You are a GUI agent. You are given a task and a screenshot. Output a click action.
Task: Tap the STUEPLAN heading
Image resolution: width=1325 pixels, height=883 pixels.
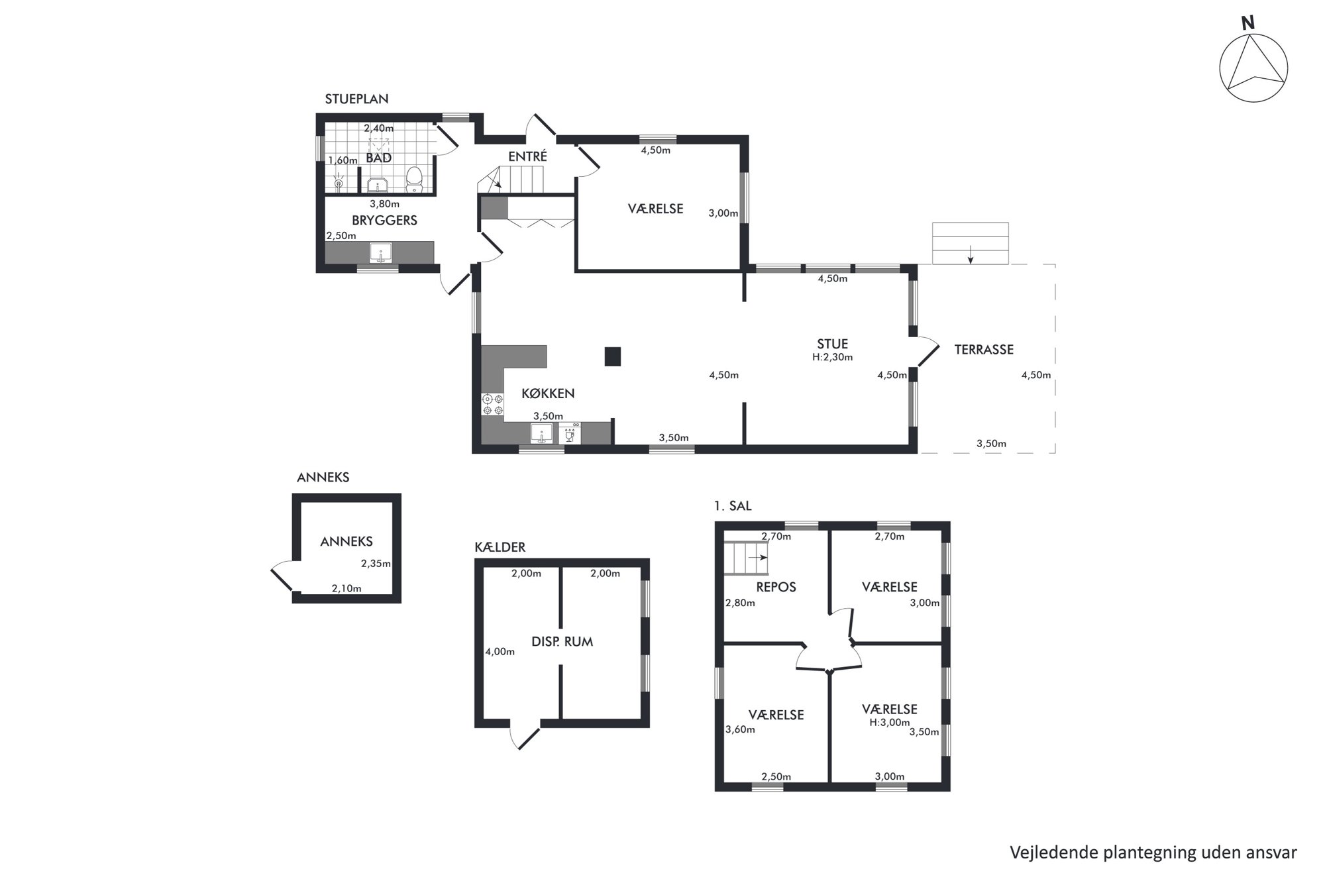(x=356, y=99)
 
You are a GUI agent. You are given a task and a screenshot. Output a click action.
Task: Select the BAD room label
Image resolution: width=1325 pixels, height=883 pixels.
(x=378, y=158)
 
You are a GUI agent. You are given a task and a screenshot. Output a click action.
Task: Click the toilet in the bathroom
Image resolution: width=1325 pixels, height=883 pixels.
(x=415, y=179)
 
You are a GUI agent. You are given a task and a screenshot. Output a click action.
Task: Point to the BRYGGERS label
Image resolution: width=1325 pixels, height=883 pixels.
(x=384, y=221)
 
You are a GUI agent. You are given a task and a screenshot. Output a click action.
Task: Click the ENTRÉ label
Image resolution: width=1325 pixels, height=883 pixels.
(x=527, y=156)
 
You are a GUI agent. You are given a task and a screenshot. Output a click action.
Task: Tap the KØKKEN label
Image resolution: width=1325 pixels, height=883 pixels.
(x=548, y=393)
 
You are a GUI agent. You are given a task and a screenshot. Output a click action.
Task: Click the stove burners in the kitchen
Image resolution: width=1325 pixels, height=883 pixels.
(x=492, y=404)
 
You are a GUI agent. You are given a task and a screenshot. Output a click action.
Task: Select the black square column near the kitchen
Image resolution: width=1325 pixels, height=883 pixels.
(x=613, y=357)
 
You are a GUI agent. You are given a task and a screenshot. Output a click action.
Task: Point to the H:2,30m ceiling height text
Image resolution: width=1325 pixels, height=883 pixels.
(x=832, y=357)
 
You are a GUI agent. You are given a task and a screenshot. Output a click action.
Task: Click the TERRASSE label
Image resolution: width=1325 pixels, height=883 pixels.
(x=984, y=350)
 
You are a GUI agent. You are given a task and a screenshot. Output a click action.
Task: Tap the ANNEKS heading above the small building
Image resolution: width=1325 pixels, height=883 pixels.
(x=323, y=477)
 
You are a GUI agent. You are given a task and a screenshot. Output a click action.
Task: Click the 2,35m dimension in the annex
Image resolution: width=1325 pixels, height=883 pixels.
(x=376, y=564)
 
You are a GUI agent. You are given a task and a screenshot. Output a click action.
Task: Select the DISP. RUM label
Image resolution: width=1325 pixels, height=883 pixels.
(x=562, y=641)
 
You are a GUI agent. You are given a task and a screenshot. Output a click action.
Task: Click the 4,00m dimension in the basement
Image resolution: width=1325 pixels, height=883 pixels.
(x=500, y=651)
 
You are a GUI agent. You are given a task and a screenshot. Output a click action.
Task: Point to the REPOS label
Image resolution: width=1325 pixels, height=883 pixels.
(x=776, y=587)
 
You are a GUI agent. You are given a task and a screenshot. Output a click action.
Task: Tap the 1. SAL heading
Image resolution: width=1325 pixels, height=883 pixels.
(x=733, y=506)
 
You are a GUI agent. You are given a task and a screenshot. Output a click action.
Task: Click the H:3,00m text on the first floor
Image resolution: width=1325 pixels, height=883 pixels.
(x=890, y=722)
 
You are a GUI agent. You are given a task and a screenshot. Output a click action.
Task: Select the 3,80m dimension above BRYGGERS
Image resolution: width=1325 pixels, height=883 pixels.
(x=384, y=204)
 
